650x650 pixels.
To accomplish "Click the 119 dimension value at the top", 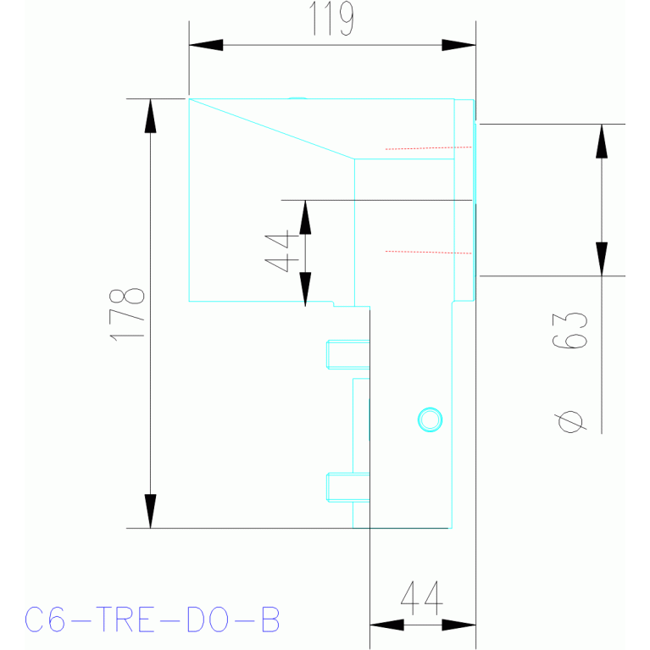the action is (x=331, y=19).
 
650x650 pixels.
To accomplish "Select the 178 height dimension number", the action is (x=127, y=314).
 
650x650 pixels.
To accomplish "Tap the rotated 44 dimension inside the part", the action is (x=282, y=253).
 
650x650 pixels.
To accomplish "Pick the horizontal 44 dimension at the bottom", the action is (x=422, y=597).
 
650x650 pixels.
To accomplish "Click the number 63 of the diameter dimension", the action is (x=570, y=330).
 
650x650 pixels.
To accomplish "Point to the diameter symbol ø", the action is (x=570, y=421).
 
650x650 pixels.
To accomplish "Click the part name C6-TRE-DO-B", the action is (x=153, y=619).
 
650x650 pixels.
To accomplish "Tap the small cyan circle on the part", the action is (x=430, y=419).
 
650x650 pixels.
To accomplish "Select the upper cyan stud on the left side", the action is (x=347, y=354).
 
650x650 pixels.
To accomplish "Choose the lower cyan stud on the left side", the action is (x=347, y=487).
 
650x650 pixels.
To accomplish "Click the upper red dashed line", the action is (x=428, y=148).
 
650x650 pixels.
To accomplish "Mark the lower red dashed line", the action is (x=428, y=252).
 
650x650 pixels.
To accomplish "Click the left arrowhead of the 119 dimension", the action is (x=206, y=45).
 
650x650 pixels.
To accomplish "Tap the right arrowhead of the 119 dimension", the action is (x=458, y=45).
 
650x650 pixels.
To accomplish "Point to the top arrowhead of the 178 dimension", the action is (x=151, y=116).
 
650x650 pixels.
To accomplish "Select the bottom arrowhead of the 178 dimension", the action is (x=151, y=511).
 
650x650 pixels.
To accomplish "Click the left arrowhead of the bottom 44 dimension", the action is (x=386, y=625).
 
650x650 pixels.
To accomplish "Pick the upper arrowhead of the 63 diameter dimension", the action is (x=602, y=142).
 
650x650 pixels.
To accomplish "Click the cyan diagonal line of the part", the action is (x=271, y=129).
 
